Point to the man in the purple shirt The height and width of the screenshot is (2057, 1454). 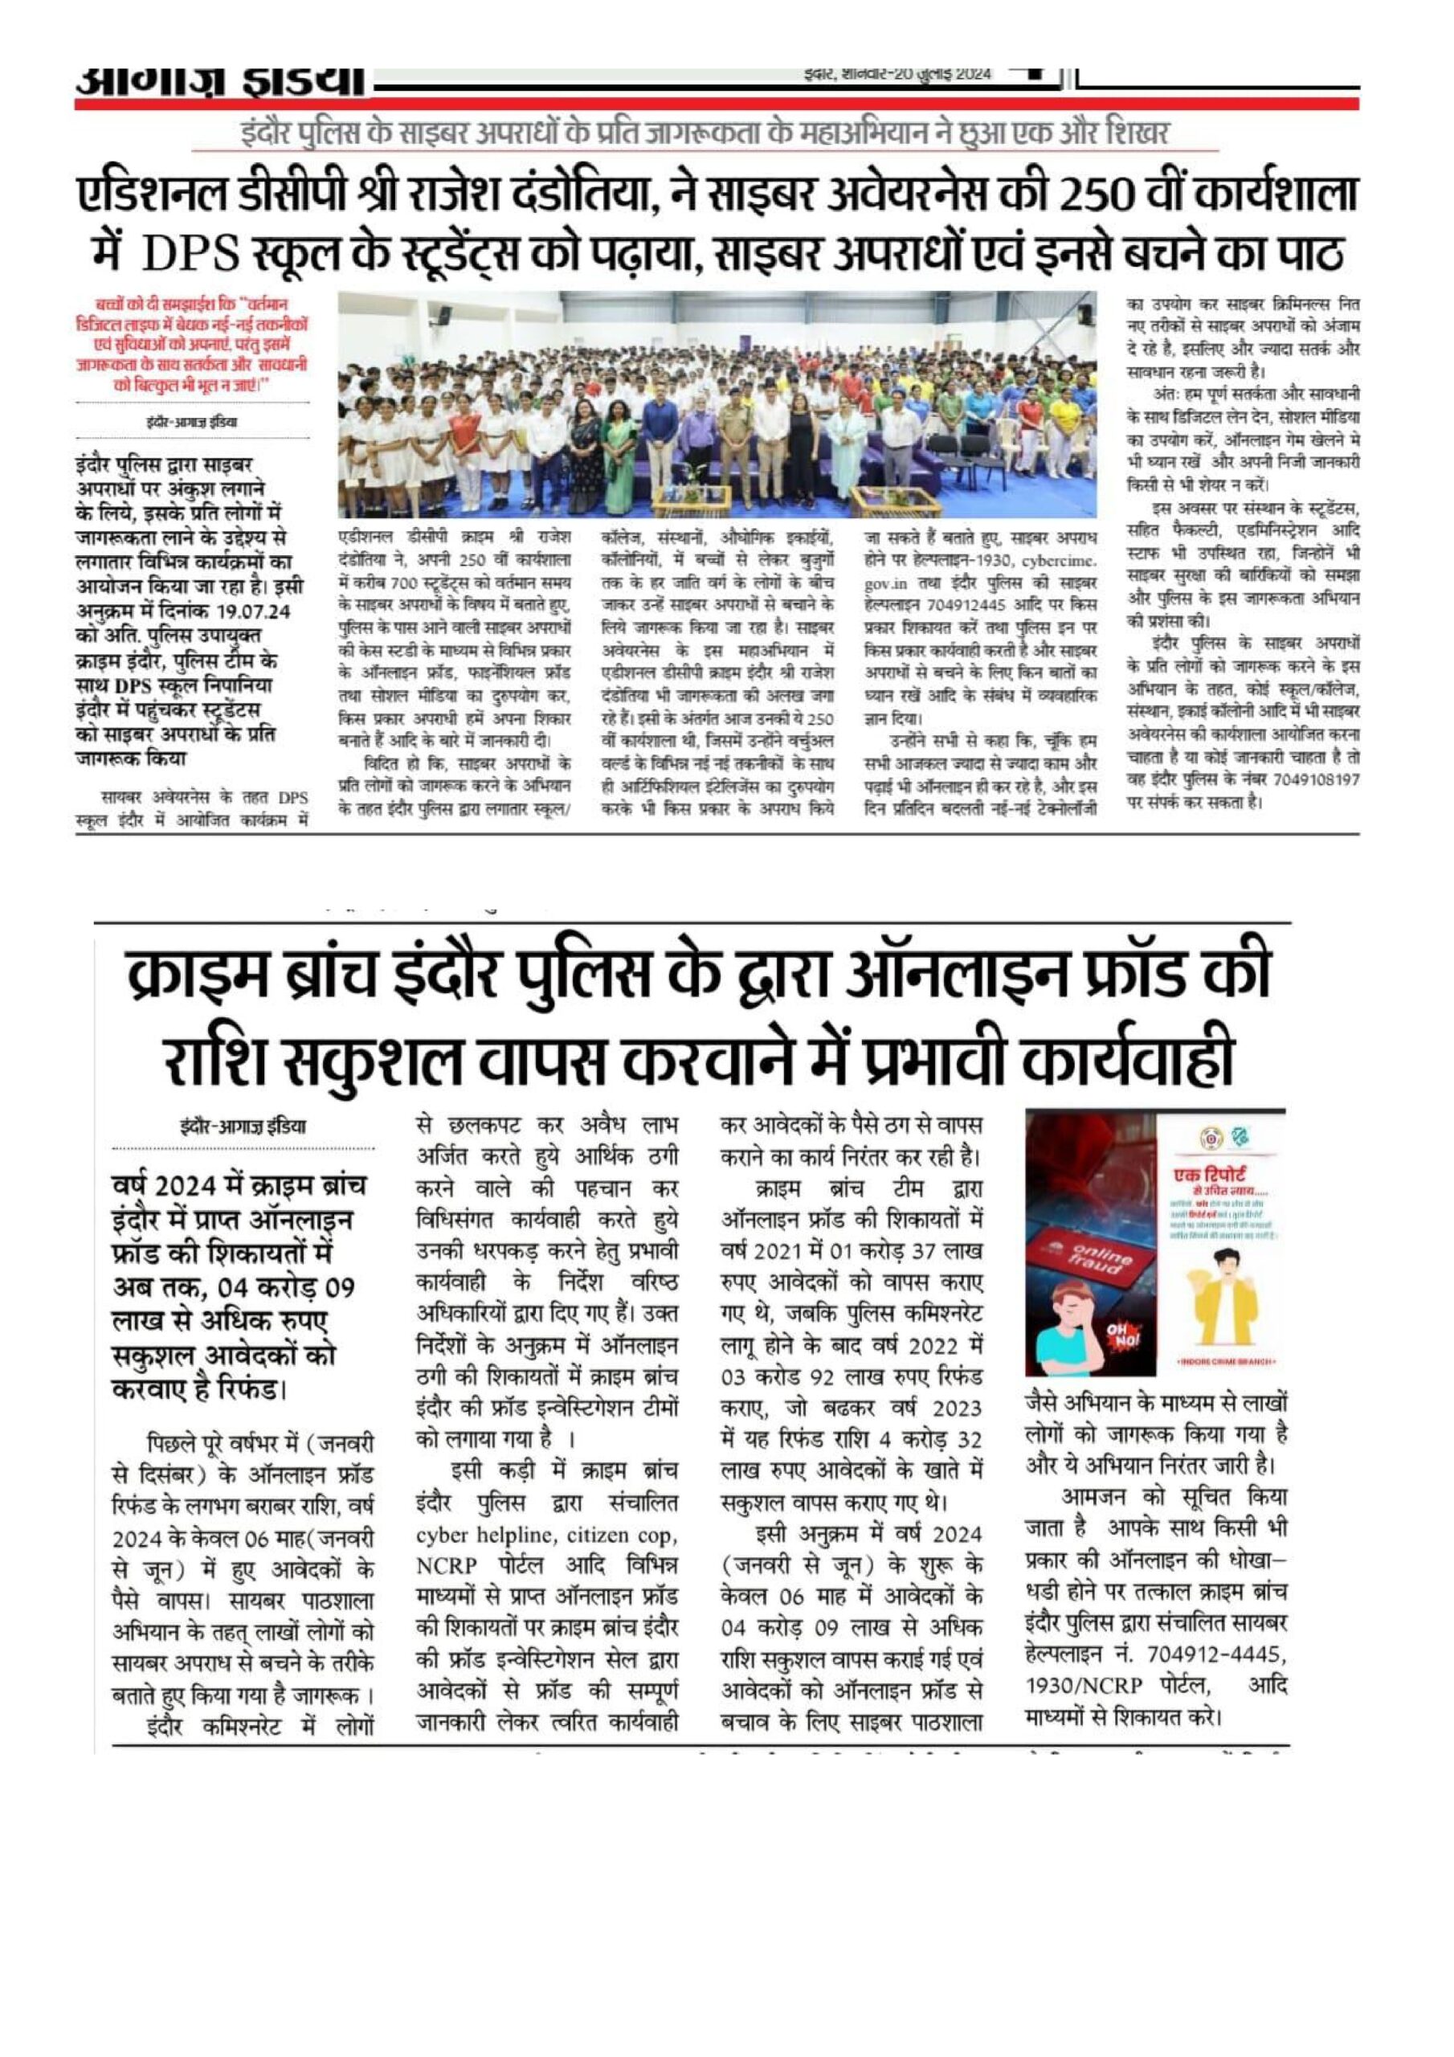tap(697, 444)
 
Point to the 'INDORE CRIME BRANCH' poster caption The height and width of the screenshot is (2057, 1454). tap(1223, 1363)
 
